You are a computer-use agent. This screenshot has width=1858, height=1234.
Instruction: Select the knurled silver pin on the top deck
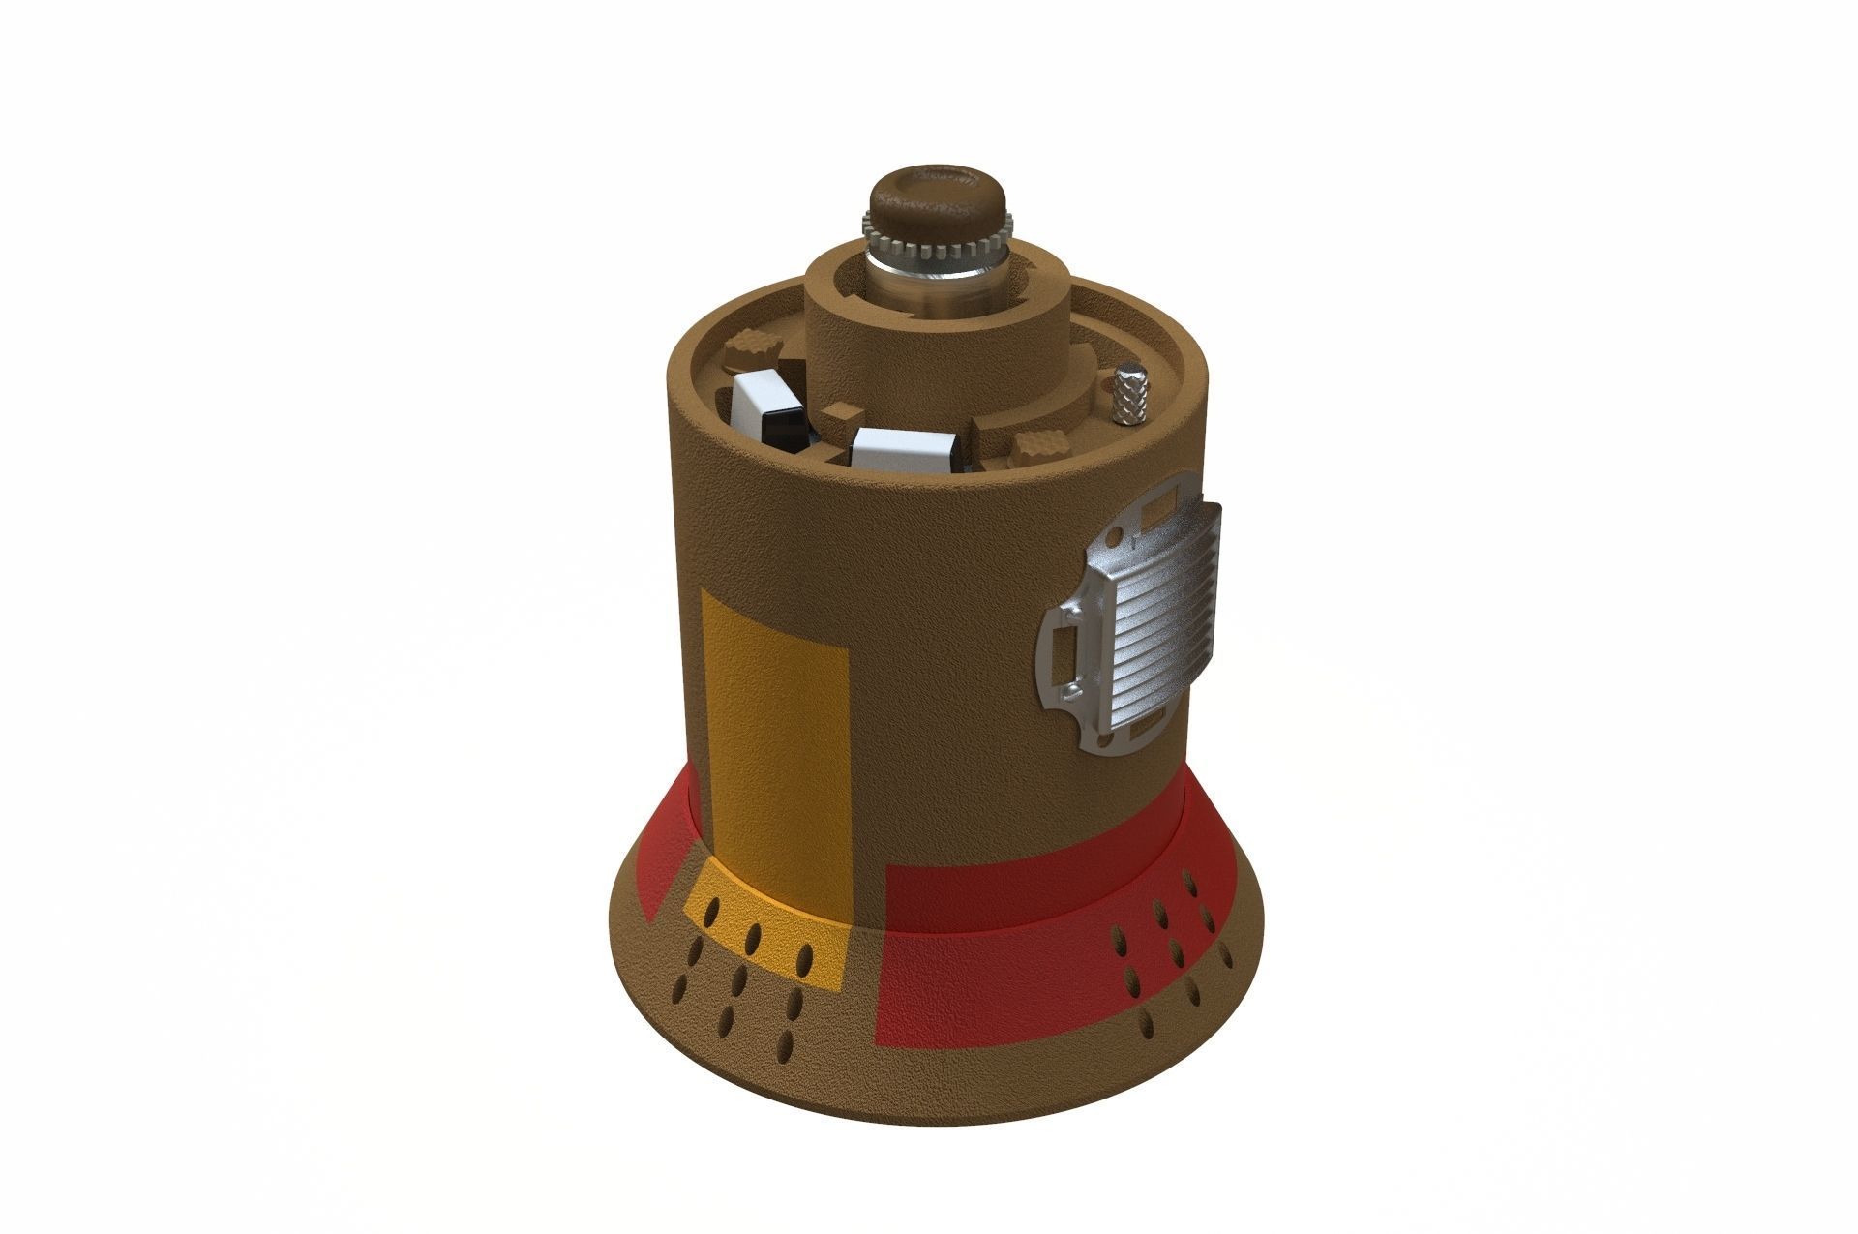click(x=1128, y=393)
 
